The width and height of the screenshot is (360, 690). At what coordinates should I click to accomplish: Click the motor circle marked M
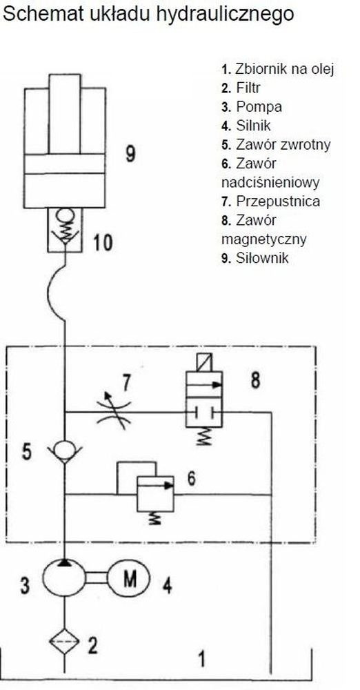129,578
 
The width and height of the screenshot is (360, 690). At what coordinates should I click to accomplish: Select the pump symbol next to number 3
64,578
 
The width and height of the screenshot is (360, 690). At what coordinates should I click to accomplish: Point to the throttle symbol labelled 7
113,411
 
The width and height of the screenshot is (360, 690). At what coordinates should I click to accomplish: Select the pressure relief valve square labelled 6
155,494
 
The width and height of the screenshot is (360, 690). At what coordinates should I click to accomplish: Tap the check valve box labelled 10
65,230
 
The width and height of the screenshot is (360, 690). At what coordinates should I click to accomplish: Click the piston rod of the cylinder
65,114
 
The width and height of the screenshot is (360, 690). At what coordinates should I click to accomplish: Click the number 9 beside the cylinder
130,153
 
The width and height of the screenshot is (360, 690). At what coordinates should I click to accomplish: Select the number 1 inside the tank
201,660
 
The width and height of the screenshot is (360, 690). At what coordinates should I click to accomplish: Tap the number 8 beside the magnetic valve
255,380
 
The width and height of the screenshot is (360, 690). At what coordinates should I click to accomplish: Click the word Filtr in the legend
248,88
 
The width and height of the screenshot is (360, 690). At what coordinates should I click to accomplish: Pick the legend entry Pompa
252,107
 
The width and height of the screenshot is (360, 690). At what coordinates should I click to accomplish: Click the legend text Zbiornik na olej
284,69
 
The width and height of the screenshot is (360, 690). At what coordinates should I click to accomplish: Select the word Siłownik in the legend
262,257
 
